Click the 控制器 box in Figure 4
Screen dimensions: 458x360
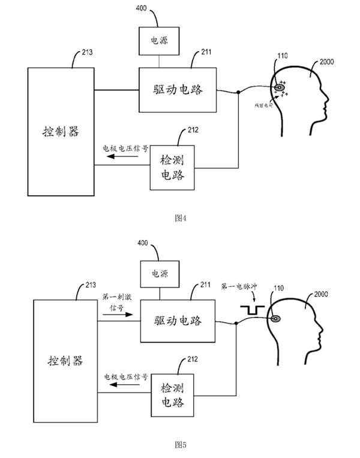point(61,131)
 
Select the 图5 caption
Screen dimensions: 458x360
point(181,444)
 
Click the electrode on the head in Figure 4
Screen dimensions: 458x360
point(280,88)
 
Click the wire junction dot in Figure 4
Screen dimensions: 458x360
point(238,92)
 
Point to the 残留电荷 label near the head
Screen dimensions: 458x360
point(263,105)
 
